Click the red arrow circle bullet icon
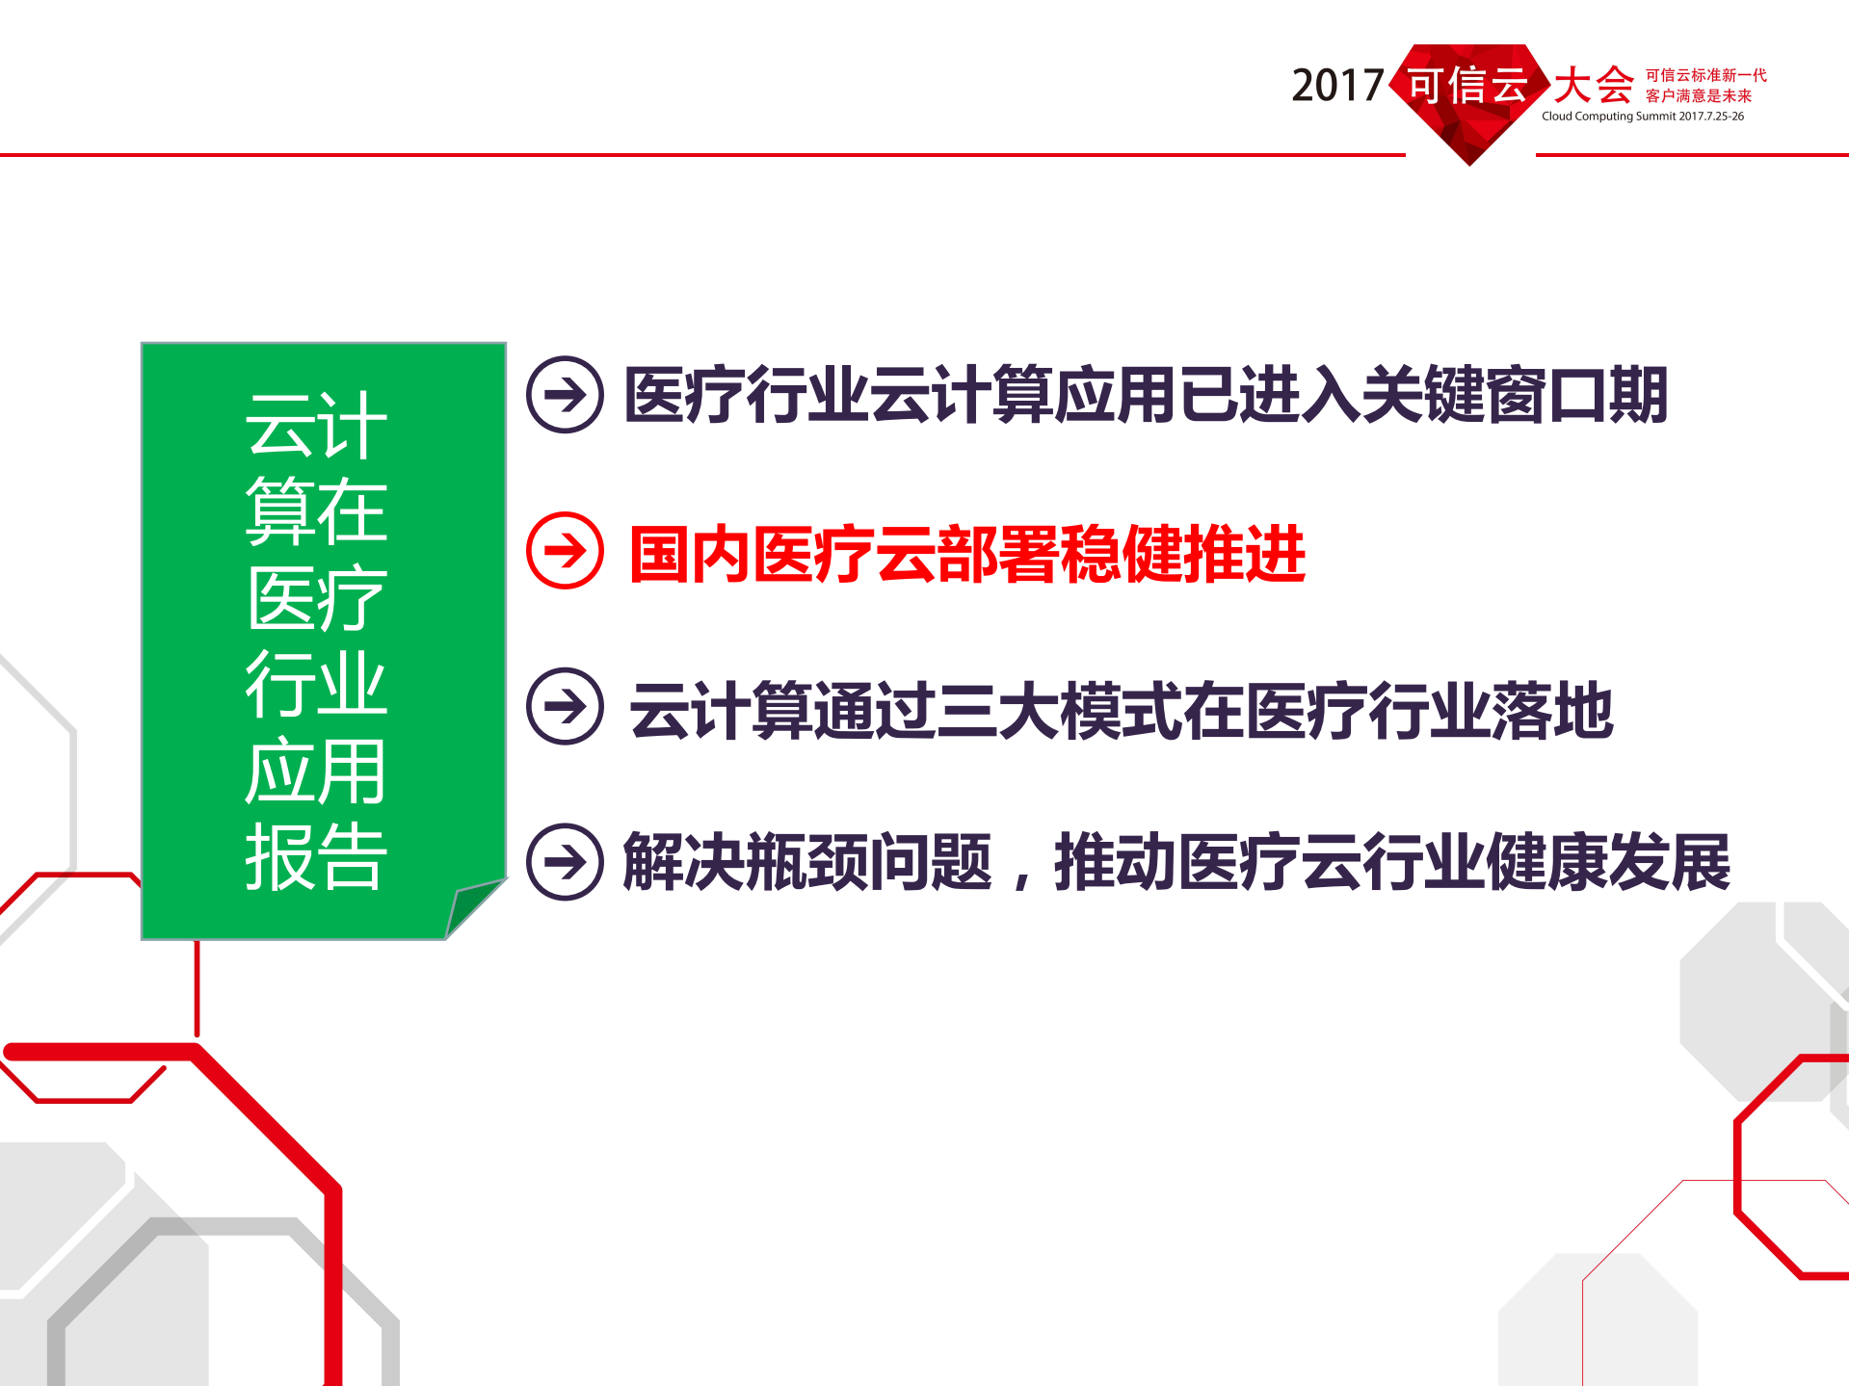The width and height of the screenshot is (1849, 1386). pos(566,551)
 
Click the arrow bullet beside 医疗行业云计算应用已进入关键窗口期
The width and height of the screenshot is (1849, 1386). pos(566,395)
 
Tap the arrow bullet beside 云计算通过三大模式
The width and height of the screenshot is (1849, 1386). pos(566,707)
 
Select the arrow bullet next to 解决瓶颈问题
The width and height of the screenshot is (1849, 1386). pos(566,862)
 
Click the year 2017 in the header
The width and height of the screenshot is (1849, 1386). pos(1337,87)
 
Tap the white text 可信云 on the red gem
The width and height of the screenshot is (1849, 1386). pos(1468,85)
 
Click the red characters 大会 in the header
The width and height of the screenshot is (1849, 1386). pos(1594,86)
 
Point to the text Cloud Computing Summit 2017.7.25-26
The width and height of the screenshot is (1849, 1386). pos(1642,117)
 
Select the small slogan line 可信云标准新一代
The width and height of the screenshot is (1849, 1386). pos(1705,75)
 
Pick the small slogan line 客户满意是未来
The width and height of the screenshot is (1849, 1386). pos(1698,95)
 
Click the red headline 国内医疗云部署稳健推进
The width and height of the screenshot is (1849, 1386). pos(966,555)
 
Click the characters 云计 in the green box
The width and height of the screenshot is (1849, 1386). pos(316,426)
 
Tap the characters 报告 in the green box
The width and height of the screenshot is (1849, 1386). pos(316,856)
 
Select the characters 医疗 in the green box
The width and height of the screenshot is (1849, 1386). pos(316,598)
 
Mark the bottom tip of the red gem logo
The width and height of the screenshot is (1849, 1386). pos(1469,163)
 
